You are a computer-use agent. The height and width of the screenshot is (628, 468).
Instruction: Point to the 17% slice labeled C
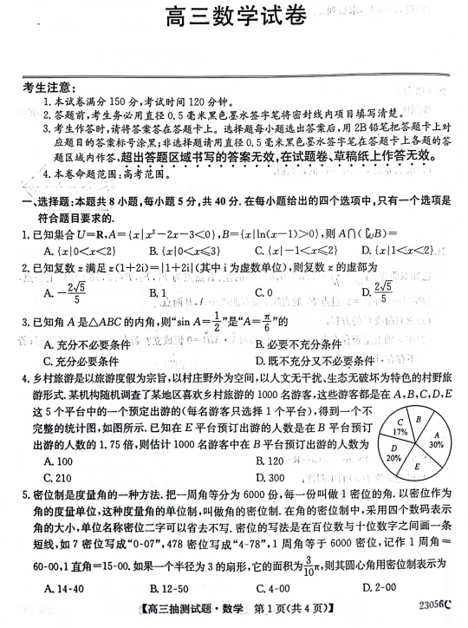click(x=400, y=427)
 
